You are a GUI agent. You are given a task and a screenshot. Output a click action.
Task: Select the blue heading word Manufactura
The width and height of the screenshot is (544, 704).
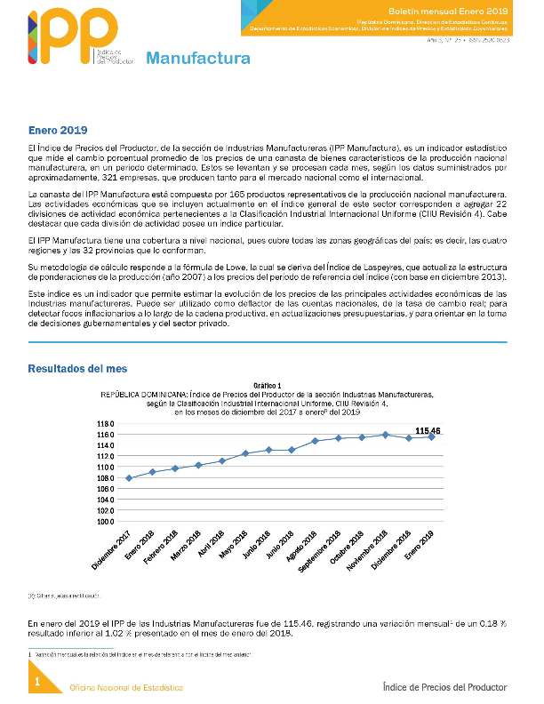197,60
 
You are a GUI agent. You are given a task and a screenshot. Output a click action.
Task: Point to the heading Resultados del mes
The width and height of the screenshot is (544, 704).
76,368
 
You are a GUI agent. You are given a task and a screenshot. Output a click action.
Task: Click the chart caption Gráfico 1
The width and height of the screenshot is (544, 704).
268,385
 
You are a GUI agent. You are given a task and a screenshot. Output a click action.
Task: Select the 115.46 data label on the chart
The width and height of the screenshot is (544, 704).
428,430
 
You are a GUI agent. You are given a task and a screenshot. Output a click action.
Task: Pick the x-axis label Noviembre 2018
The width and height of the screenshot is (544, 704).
368,548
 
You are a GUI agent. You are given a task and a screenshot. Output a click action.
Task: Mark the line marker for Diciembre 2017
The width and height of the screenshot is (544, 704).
130,478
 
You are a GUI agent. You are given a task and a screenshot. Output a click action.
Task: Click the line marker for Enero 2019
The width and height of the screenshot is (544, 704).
432,436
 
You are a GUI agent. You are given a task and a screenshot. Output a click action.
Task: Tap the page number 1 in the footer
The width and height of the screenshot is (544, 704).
37,682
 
